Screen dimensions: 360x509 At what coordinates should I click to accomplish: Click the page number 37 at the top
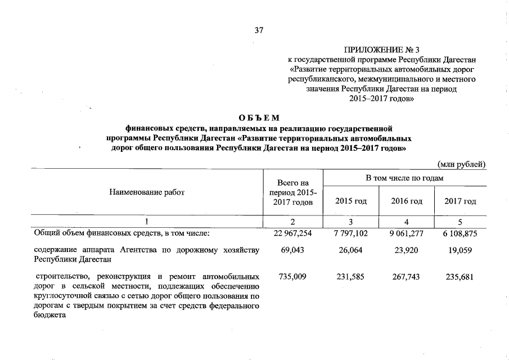(x=259, y=30)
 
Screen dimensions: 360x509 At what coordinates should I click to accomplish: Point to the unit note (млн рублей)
(x=461, y=164)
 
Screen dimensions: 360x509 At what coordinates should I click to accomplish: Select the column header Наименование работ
(x=147, y=192)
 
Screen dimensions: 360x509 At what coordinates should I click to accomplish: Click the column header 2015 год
(x=350, y=201)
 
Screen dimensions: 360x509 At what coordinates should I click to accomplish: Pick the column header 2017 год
(x=460, y=201)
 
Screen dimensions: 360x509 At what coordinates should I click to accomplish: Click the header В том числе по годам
(x=404, y=178)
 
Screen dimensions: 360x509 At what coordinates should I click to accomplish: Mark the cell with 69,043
(x=291, y=250)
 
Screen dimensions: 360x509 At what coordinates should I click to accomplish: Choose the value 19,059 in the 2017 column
(x=460, y=250)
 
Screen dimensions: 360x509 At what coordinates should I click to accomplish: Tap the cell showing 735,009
(x=291, y=277)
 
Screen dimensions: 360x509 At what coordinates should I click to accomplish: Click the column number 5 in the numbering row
(x=460, y=221)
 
